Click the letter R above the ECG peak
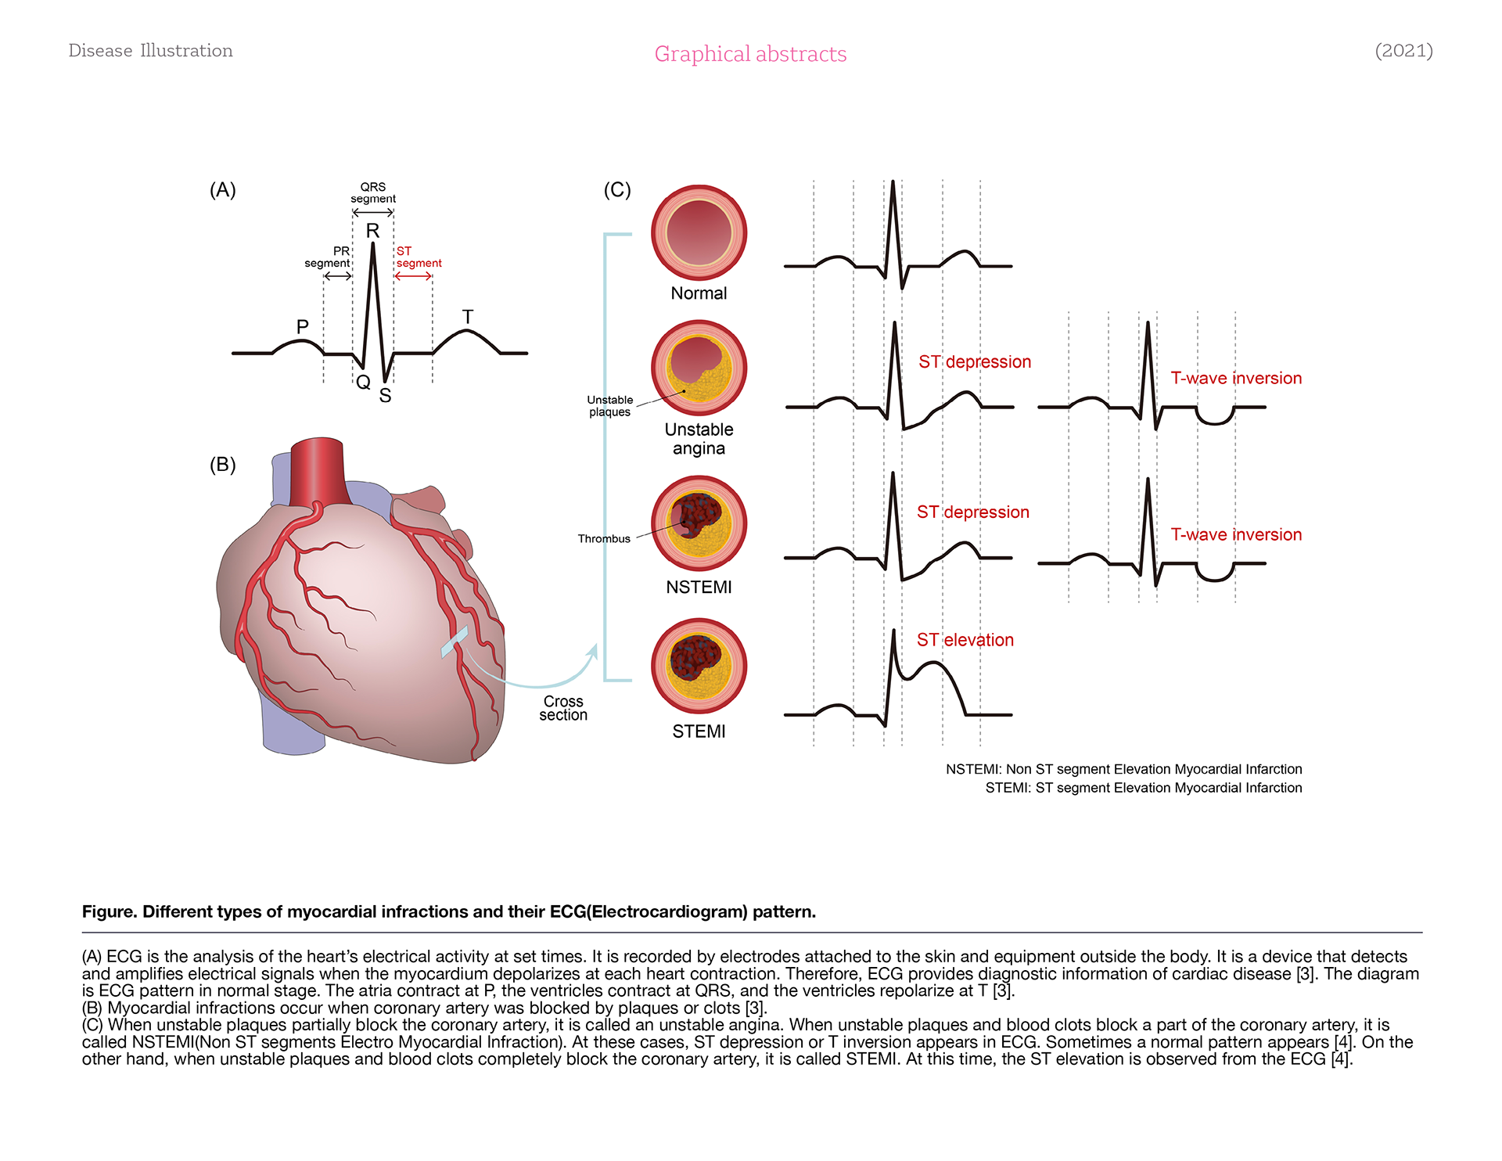click(x=372, y=231)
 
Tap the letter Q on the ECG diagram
click(x=363, y=383)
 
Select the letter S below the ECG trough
click(x=385, y=396)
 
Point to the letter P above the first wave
click(x=303, y=326)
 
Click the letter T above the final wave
click(x=468, y=317)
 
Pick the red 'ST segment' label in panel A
click(x=419, y=257)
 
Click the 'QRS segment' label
click(x=373, y=192)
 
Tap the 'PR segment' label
click(x=329, y=257)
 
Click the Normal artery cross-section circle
click(x=699, y=233)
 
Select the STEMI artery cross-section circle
click(x=699, y=666)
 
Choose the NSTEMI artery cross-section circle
click(x=699, y=523)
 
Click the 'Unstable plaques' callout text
click(x=610, y=406)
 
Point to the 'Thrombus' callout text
click(x=604, y=539)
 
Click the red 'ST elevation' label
click(x=965, y=640)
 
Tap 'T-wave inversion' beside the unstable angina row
click(x=1236, y=379)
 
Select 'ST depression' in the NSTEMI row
click(x=972, y=512)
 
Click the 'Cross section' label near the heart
click(x=563, y=708)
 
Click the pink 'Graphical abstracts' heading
click(x=750, y=54)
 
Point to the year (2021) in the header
click(x=1403, y=51)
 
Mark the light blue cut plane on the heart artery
click(x=455, y=642)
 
